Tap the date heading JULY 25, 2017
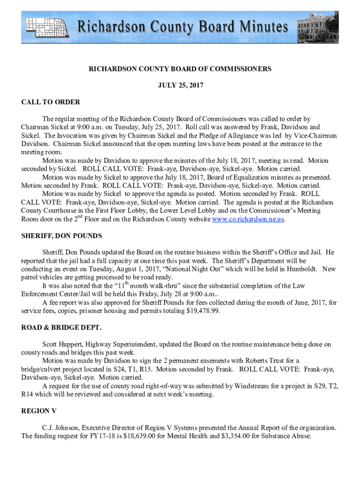pyautogui.click(x=180, y=86)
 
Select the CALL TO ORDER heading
pyautogui.click(x=50, y=102)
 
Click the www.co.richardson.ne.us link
pyautogui.click(x=248, y=219)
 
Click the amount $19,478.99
pyautogui.click(x=202, y=311)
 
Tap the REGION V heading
pyautogui.click(x=39, y=411)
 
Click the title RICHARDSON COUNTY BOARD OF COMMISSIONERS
pyautogui.click(x=180, y=69)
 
